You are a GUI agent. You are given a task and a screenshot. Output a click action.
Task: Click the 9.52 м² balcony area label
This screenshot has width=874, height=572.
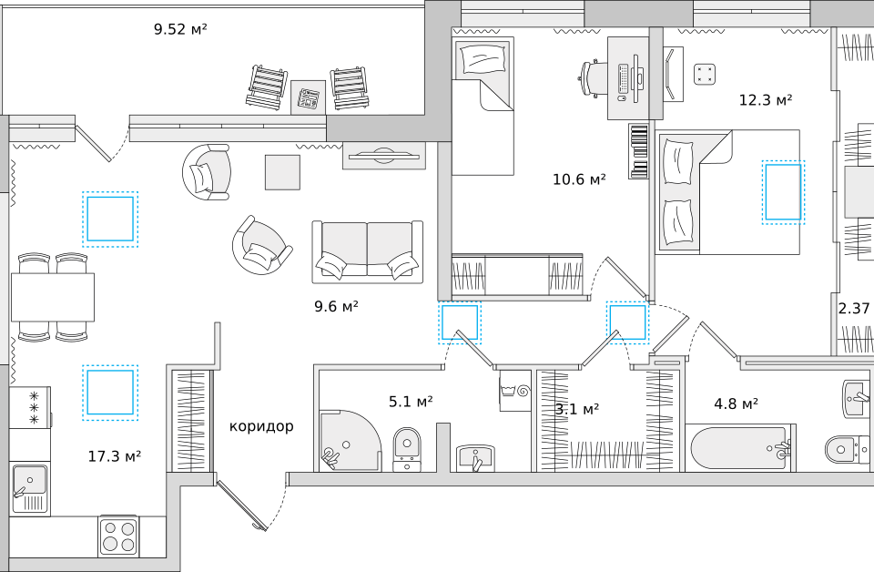coord(180,29)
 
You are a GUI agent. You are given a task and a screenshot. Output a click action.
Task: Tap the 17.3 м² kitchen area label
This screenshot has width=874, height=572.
coord(115,456)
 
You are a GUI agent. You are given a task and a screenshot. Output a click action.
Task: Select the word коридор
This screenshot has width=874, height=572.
coord(261,426)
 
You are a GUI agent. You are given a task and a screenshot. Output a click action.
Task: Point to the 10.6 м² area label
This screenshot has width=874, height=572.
coord(579,179)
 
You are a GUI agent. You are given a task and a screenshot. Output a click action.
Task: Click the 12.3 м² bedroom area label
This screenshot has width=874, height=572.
coord(766,100)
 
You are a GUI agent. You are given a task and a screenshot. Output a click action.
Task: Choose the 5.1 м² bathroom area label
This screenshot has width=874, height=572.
coord(411,402)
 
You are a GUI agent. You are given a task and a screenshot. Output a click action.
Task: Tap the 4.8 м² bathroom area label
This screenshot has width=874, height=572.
coord(736,403)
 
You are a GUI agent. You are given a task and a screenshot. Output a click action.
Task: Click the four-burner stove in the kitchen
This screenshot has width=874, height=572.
coord(118,536)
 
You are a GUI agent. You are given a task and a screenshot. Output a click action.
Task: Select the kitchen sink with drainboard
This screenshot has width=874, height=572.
coord(30,488)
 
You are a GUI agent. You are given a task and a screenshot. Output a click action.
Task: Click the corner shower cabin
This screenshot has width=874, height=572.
coord(350,441)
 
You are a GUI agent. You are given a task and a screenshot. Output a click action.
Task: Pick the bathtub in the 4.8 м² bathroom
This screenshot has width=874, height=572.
coord(740,448)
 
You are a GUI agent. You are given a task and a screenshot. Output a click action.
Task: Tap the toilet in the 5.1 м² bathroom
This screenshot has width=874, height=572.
coord(407,449)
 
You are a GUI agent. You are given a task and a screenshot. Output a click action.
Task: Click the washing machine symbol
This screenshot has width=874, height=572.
coord(515,390)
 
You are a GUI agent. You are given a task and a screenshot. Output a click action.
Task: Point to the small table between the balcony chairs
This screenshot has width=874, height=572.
coord(308,97)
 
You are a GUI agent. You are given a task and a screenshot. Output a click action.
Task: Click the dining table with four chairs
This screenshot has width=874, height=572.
coord(53,297)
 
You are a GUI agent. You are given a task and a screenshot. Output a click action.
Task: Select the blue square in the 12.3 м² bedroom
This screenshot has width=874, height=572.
coord(783,192)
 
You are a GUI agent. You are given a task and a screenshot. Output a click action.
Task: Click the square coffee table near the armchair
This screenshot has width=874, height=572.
coord(282,172)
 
